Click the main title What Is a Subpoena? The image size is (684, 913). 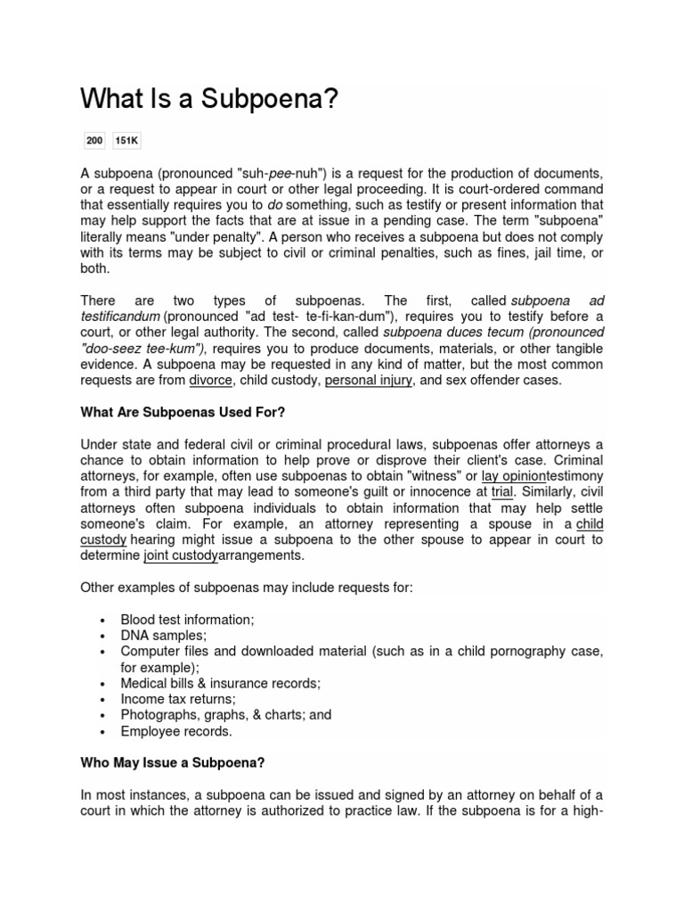(209, 99)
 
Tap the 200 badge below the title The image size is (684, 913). (94, 141)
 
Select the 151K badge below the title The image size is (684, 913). (127, 141)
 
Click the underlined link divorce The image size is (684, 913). (209, 381)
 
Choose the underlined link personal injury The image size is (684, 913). (368, 381)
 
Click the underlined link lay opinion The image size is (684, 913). (513, 476)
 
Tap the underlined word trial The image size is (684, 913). (502, 492)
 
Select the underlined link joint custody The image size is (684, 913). (180, 555)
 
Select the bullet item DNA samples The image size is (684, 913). (164, 635)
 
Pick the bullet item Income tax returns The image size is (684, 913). (178, 699)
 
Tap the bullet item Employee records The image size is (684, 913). (176, 731)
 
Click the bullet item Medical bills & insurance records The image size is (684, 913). (220, 683)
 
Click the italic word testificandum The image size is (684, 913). (120, 317)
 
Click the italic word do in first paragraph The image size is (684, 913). (275, 204)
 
